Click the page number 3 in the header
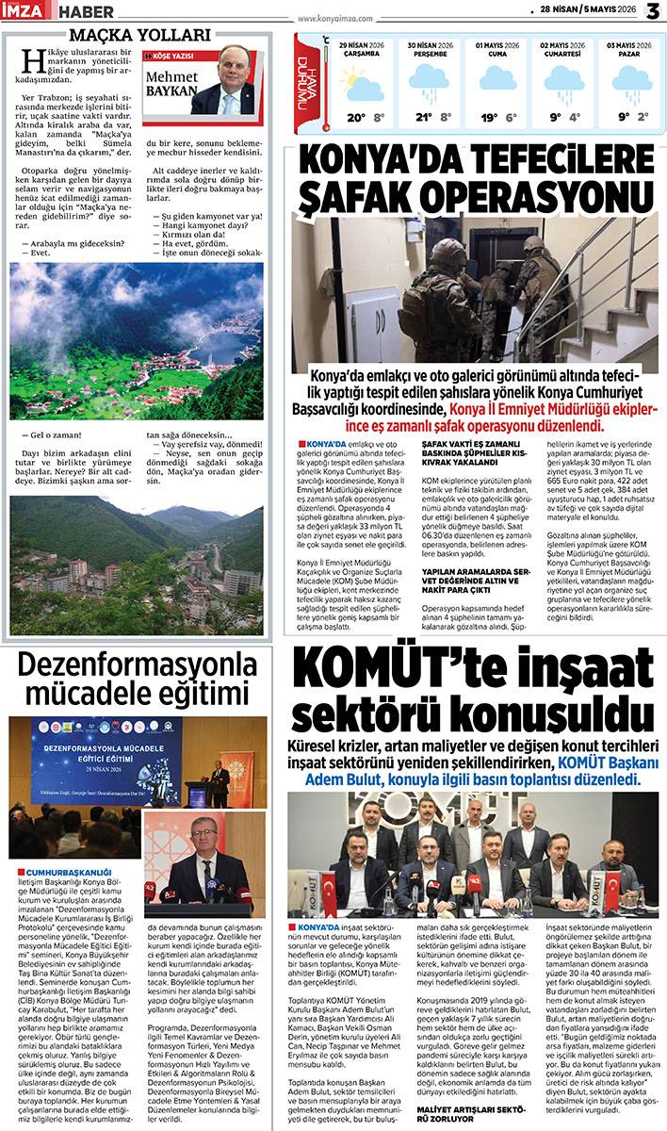pyautogui.click(x=653, y=11)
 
